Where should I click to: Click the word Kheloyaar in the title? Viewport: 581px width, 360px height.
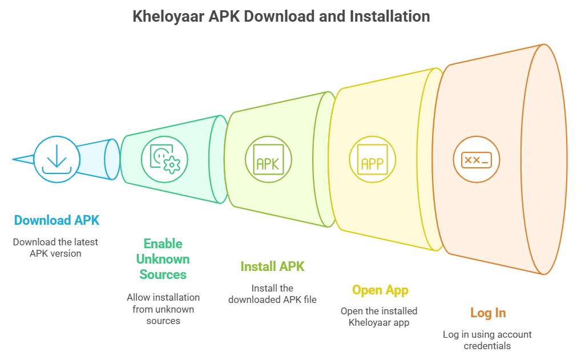(x=168, y=17)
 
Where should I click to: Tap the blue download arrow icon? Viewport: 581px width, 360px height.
(x=57, y=159)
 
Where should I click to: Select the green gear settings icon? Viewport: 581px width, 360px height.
(x=165, y=159)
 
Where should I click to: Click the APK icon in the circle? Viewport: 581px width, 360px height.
(x=268, y=160)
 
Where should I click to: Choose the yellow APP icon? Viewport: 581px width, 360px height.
(x=372, y=160)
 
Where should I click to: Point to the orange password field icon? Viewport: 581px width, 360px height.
(x=477, y=160)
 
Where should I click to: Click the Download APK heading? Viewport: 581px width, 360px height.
(x=57, y=220)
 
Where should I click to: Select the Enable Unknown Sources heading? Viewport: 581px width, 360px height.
(x=163, y=259)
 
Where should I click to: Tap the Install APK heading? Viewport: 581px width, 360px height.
(x=272, y=266)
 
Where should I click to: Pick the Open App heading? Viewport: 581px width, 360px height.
(x=380, y=290)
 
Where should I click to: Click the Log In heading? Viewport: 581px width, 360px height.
(x=488, y=313)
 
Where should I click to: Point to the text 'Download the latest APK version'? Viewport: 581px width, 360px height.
(x=55, y=248)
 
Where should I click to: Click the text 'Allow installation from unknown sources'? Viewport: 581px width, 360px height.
(x=163, y=309)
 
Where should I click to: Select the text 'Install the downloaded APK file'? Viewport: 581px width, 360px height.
(x=272, y=294)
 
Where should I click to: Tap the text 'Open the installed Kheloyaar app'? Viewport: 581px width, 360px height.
(x=379, y=317)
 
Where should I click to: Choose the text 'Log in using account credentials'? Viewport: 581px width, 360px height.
(x=487, y=340)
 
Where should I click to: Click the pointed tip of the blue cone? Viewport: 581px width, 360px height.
(x=13, y=160)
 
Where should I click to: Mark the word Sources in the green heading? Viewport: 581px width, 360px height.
(x=163, y=274)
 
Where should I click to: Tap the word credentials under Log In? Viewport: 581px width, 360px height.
(x=487, y=346)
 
